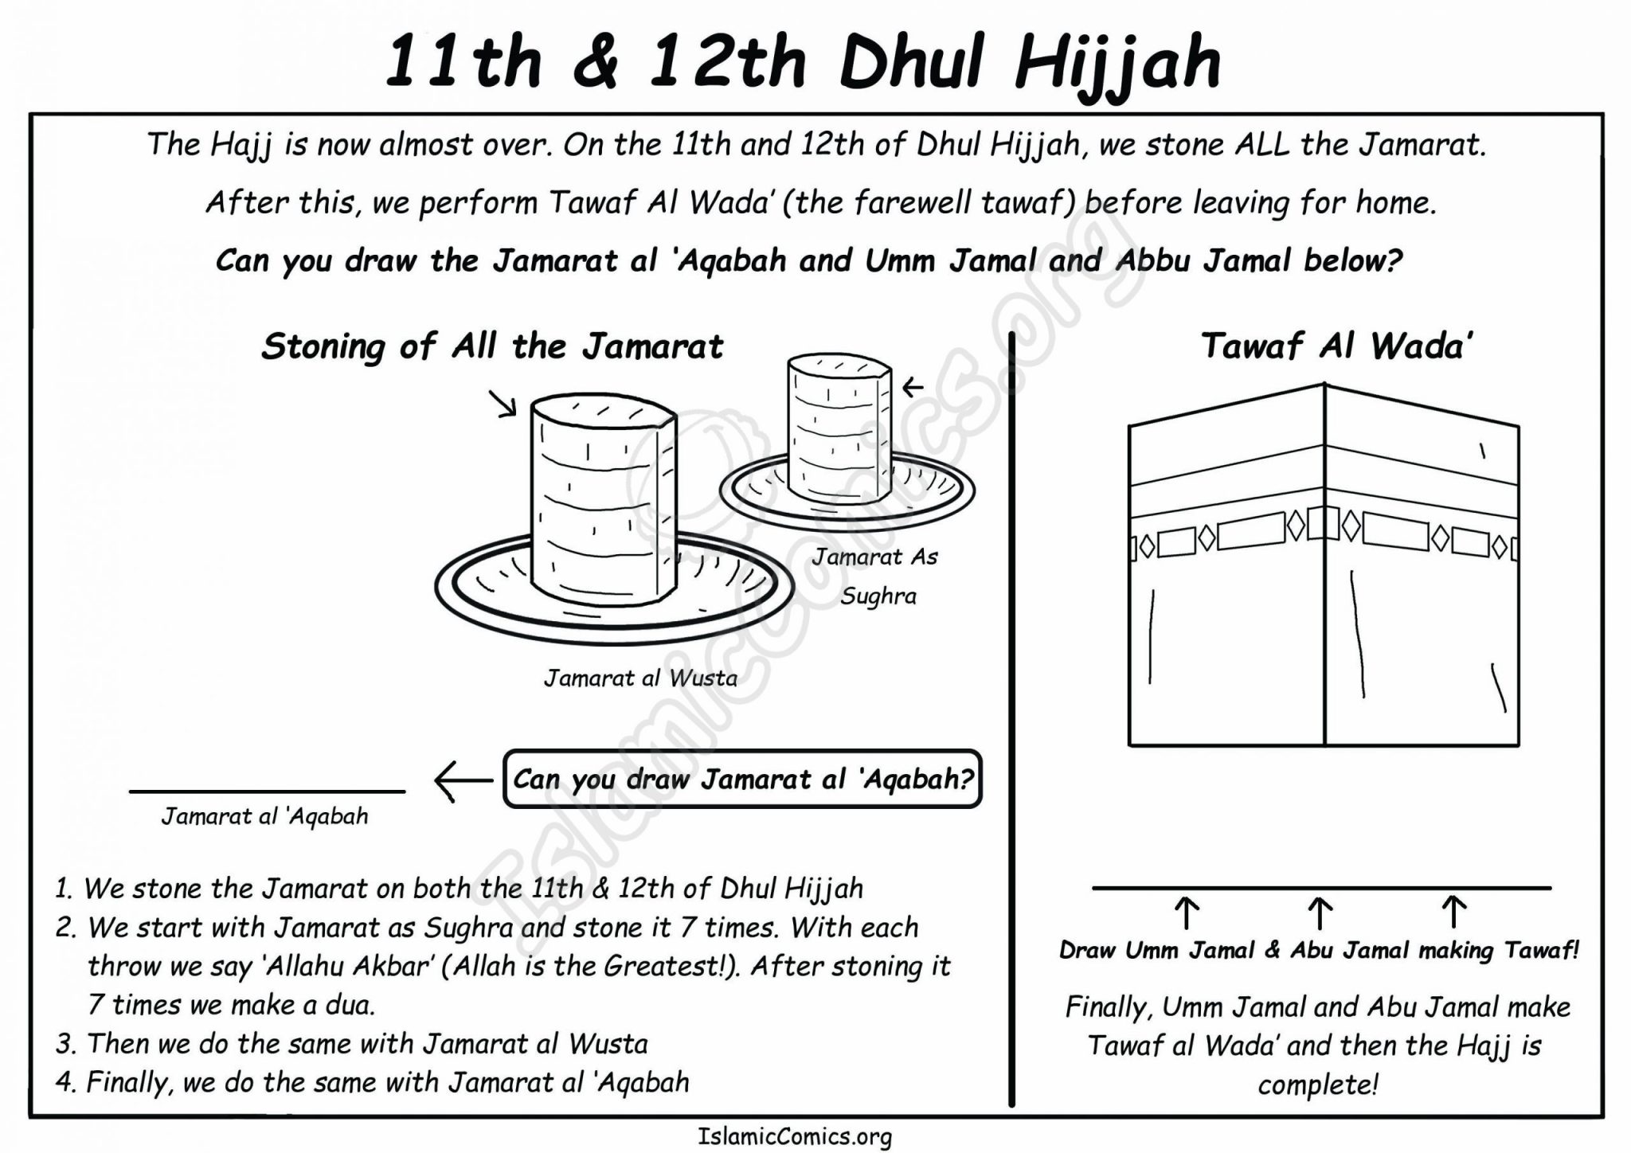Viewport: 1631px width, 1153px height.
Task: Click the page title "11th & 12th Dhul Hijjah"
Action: [x=803, y=62]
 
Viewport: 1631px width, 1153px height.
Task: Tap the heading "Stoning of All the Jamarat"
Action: [x=492, y=347]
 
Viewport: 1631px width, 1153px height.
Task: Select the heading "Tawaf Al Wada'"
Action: [x=1336, y=346]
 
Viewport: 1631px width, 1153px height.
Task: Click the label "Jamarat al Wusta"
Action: [x=640, y=678]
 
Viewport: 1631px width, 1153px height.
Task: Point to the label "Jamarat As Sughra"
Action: [x=876, y=576]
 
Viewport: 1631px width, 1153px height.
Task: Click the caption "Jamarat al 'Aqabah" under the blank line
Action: [x=264, y=816]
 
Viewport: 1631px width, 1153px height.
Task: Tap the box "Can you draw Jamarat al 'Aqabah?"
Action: [x=742, y=779]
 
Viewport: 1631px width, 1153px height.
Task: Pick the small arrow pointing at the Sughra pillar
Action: [x=912, y=388]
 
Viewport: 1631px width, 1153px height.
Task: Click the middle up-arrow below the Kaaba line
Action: [x=1320, y=913]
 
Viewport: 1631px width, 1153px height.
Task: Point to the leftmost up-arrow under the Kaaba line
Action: [x=1187, y=913]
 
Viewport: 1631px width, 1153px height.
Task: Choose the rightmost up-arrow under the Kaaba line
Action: [x=1454, y=913]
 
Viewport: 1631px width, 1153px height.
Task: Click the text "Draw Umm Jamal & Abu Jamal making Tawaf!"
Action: [x=1319, y=951]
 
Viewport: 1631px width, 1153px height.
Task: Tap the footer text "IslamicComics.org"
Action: [x=795, y=1137]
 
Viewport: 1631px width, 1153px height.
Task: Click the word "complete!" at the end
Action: [x=1317, y=1085]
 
